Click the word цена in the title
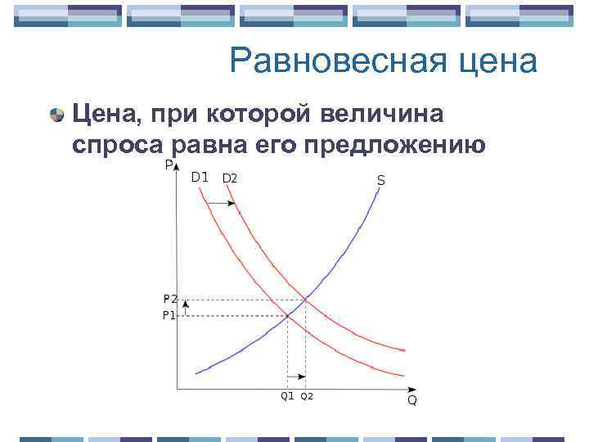click(497, 62)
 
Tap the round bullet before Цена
click(56, 115)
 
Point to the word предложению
click(395, 146)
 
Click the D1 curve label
click(200, 177)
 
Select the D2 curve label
click(230, 178)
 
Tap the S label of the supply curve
click(381, 179)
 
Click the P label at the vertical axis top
click(168, 165)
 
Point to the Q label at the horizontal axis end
click(411, 400)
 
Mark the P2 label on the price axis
click(169, 300)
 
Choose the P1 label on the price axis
click(169, 314)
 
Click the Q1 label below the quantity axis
click(287, 396)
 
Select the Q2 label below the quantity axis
click(307, 396)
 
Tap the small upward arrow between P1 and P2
click(185, 307)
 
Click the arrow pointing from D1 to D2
click(219, 202)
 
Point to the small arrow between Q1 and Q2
click(297, 377)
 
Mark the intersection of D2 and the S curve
click(306, 300)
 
